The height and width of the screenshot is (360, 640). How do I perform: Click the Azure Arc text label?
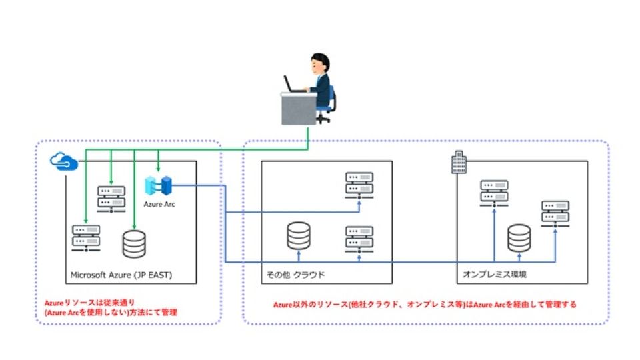[159, 203]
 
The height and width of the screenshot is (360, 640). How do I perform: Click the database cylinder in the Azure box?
[133, 245]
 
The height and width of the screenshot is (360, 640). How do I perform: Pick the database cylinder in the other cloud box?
[298, 235]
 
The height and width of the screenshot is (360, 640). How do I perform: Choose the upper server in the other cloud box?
[359, 184]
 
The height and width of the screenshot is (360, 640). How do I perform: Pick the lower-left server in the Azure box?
[86, 236]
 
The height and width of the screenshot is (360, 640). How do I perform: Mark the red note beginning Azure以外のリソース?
[425, 304]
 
